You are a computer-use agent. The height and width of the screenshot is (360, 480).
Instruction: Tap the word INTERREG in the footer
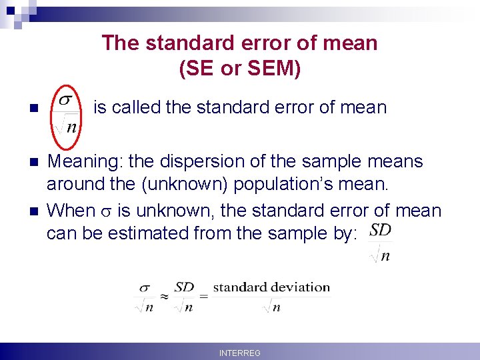coord(240,353)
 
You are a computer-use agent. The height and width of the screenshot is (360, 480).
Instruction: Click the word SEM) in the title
coord(275,69)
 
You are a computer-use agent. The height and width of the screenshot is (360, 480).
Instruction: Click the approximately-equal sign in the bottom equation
coord(163,296)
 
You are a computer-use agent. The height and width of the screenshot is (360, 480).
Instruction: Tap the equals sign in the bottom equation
coord(204,296)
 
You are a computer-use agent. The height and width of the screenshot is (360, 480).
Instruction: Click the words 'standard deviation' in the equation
coord(271,287)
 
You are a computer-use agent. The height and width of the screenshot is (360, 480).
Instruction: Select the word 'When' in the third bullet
coord(71,211)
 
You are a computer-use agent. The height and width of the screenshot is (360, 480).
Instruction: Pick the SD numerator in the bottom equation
coord(184,287)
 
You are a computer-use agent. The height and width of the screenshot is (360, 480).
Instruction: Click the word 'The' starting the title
coord(121,43)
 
